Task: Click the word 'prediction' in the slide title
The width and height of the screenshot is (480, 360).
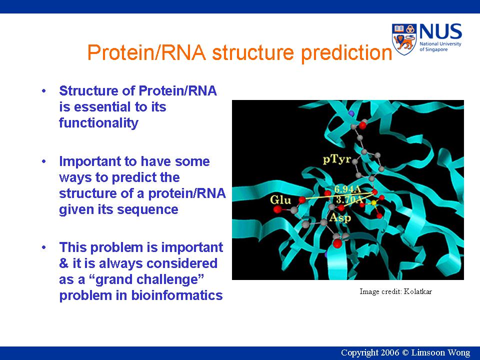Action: click(x=346, y=52)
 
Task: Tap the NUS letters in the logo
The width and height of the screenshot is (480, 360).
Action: click(x=440, y=31)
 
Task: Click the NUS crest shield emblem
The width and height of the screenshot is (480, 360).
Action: click(x=404, y=39)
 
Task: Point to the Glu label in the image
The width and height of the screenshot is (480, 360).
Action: click(x=280, y=200)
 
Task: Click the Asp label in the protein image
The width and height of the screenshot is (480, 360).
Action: click(x=340, y=217)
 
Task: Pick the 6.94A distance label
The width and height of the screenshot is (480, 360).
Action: click(x=348, y=189)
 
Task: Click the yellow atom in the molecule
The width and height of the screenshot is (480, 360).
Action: click(x=373, y=202)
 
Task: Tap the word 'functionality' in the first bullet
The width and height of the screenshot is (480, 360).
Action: click(x=98, y=123)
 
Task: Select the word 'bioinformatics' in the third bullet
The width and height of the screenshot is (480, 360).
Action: click(x=177, y=295)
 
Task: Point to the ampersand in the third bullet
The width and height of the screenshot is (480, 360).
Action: click(x=64, y=263)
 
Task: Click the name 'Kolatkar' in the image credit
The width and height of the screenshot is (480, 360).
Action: click(x=418, y=291)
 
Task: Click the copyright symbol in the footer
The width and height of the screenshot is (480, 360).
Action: click(x=405, y=352)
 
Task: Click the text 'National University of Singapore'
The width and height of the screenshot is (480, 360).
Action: click(x=440, y=46)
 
